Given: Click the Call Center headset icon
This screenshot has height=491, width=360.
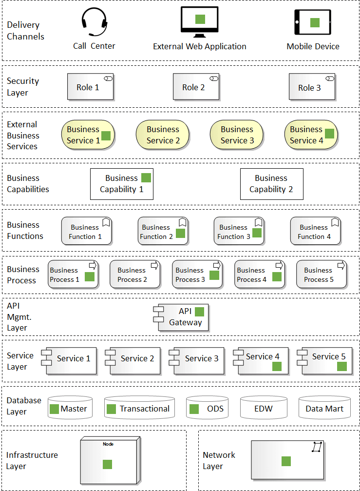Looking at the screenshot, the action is coord(94,22).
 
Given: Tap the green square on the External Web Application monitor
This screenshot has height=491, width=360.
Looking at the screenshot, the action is coord(200,19).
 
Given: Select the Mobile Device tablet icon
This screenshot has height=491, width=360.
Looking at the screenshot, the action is coord(312,22).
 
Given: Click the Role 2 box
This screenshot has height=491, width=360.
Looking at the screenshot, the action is coord(196,87).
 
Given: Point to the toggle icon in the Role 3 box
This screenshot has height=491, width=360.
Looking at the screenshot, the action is coord(330,79).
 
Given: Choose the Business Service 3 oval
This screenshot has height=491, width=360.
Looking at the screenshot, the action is coord(237,135).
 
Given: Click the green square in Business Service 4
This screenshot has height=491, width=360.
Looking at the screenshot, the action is coord(330,134).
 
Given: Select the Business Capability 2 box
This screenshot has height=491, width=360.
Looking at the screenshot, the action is coord(271,184).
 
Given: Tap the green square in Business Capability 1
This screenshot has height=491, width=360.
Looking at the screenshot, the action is coord(146,177).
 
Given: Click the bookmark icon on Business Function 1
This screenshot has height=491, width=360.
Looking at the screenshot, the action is coord(106,222).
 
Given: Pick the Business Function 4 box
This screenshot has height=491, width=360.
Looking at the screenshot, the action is coord(315,231).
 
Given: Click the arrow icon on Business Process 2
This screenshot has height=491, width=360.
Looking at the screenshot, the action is coord(155,266).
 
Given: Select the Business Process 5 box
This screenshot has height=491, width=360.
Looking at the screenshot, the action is coord(322,275).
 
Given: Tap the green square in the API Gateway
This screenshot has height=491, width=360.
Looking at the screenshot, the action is coord(200,312).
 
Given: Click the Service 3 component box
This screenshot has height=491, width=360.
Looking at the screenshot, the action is coord(197,361).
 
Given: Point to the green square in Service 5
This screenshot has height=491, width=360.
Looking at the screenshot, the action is coord(342,366).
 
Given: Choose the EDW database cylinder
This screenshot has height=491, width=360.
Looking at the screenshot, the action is coord(264,407).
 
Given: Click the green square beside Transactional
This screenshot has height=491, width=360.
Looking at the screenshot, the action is coord(112,409).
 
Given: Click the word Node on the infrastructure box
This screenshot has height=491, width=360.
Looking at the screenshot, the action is coord(108,444).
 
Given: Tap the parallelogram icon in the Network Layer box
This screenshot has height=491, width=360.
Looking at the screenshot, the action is coord(317,447).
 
